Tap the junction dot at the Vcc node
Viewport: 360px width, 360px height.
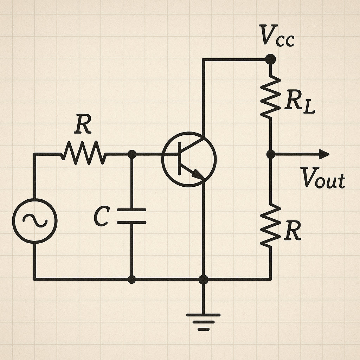point(270,59)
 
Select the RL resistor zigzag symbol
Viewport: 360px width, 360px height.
point(270,97)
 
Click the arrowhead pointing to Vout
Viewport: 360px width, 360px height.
point(323,154)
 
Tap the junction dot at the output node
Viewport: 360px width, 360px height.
point(270,154)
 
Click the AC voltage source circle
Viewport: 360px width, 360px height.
point(34,221)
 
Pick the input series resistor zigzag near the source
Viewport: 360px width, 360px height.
point(83,154)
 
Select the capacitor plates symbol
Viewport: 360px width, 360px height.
point(131,216)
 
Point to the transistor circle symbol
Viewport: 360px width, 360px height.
point(189,159)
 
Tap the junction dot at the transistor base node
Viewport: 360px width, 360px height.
point(132,154)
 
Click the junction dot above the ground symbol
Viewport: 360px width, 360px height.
point(203,279)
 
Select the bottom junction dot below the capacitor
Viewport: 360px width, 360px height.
point(131,279)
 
